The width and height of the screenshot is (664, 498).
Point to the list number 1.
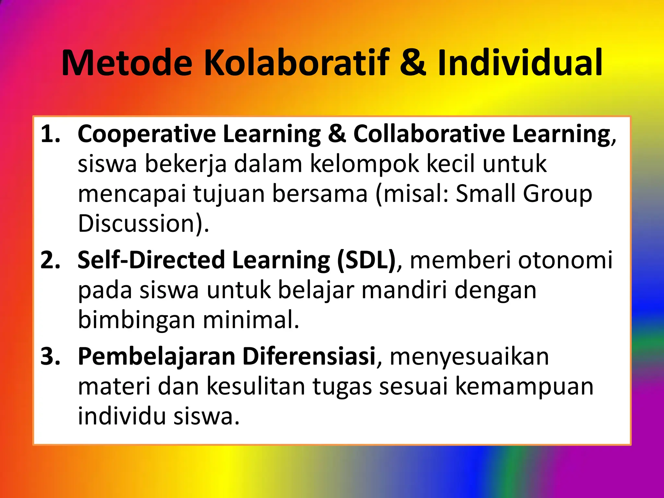[x=50, y=134]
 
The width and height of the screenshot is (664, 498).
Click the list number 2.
[x=50, y=260]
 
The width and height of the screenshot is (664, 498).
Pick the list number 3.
[x=50, y=356]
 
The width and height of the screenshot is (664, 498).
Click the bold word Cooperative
[x=147, y=134]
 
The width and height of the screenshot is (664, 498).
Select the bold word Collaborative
[x=429, y=134]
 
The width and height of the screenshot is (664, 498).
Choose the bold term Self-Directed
[x=151, y=260]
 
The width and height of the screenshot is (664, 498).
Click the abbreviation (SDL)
[x=366, y=260]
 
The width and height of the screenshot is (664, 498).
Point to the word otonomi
[x=565, y=260]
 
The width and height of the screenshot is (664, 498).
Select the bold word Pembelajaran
[x=157, y=356]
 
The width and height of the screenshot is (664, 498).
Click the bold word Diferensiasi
[x=309, y=356]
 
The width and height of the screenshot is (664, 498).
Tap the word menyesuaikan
[x=469, y=356]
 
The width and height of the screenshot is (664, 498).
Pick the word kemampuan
[x=524, y=386]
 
